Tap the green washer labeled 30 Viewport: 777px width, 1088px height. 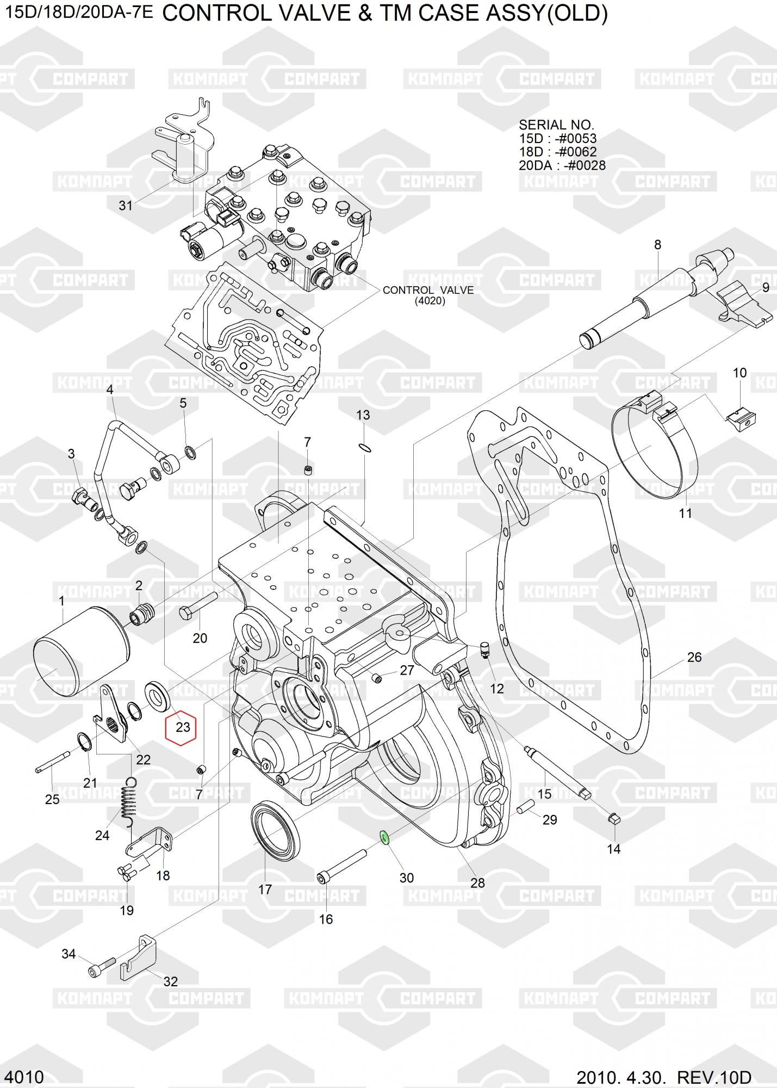[x=384, y=837]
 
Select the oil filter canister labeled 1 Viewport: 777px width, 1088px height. [x=82, y=651]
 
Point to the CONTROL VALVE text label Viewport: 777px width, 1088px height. [x=428, y=290]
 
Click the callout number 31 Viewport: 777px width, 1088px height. [x=126, y=206]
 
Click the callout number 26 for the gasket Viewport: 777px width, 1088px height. [x=694, y=657]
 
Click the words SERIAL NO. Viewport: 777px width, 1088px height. [x=556, y=125]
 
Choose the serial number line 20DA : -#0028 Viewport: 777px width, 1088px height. [x=562, y=165]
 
